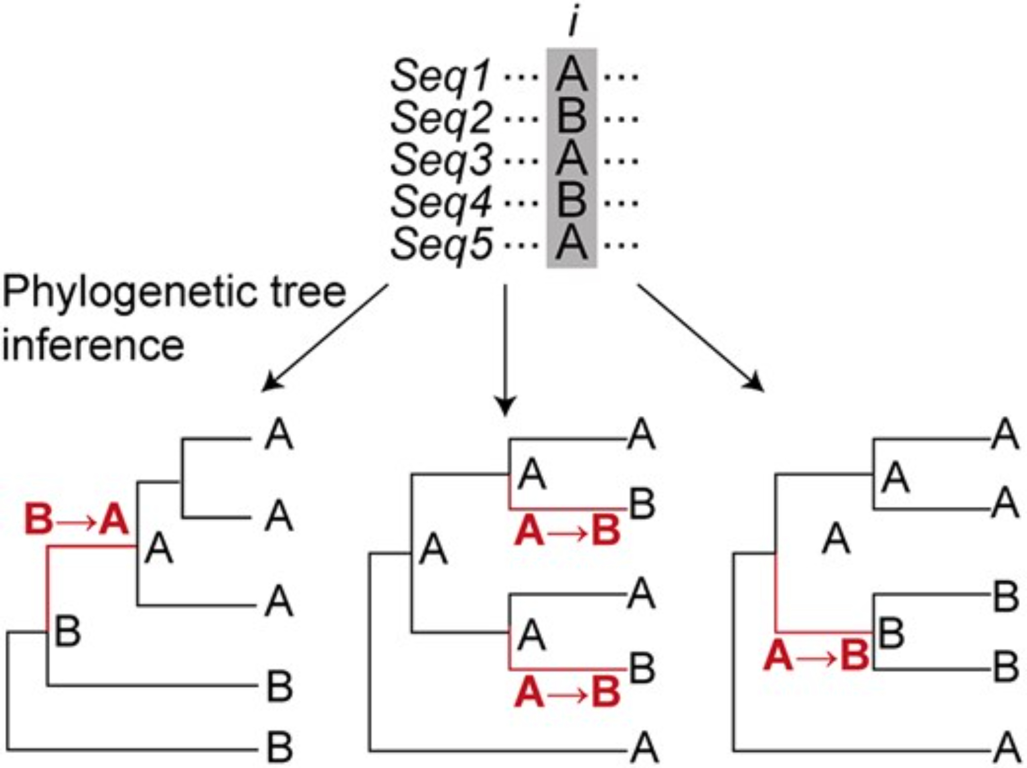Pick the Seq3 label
point(441,161)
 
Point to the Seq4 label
point(441,202)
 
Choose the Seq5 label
point(441,244)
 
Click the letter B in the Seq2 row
point(572,118)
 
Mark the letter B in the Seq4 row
point(572,201)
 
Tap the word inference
point(93,345)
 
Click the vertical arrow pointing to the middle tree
point(506,349)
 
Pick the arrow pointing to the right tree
point(700,338)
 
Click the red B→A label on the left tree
point(76,520)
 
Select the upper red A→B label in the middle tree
point(567,532)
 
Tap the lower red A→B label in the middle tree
point(567,693)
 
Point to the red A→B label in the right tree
point(816,657)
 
